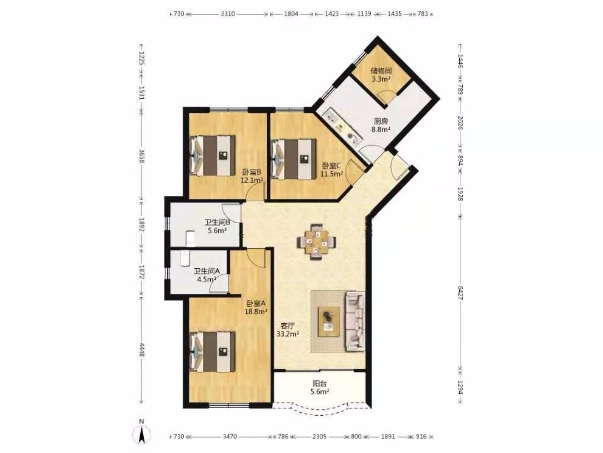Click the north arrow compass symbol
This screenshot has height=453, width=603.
141,434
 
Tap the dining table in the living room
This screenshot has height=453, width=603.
316,242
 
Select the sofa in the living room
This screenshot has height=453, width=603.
355,321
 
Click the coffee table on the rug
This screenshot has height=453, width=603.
328,321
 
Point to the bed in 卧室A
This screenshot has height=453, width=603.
213,352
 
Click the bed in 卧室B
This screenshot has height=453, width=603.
213,155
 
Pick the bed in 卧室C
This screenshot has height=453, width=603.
293,159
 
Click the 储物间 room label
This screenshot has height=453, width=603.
381,71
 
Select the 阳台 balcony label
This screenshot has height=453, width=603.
320,383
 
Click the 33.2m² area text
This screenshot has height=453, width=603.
287,334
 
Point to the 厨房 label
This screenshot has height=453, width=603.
379,121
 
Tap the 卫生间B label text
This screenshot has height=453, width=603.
217,222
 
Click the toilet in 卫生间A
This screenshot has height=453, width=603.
184,259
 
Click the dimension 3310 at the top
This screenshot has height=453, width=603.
228,14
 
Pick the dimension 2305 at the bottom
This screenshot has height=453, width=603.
319,437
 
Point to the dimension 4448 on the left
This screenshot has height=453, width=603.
141,350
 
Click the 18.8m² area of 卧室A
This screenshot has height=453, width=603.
256,311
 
